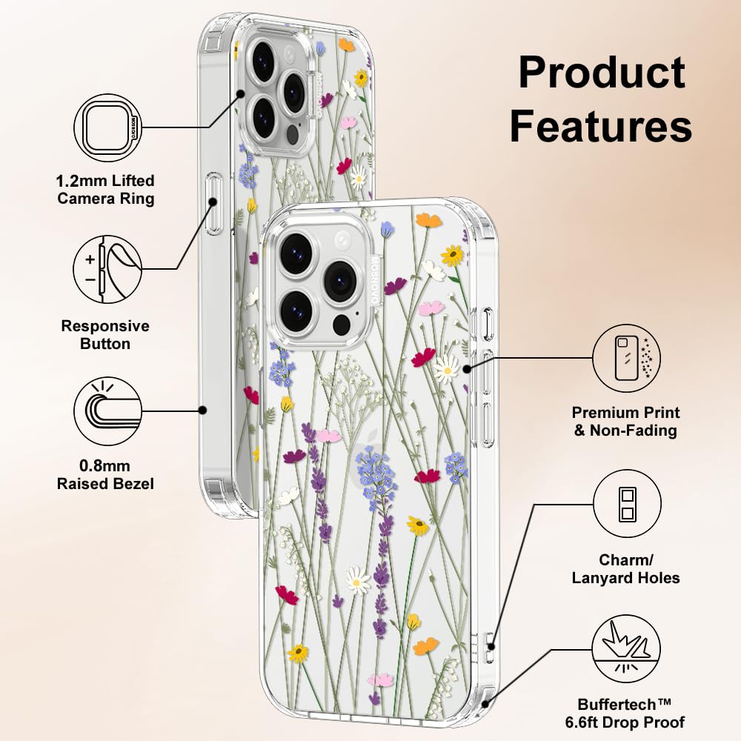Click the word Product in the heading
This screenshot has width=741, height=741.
coord(602,73)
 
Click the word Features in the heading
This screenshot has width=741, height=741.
coord(601,125)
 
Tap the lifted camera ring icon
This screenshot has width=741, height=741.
coord(107,127)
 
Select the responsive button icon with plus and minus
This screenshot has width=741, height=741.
coord(107,270)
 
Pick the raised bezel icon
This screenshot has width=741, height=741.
coord(107,411)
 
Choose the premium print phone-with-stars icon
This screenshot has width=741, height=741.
coord(627,358)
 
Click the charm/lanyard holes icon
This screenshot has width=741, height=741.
coord(627,503)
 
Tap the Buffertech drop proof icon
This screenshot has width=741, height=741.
coord(627,648)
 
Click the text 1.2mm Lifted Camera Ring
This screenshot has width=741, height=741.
coord(105,189)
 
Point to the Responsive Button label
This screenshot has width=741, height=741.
coord(105,335)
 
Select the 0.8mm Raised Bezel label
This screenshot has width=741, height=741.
coord(105,474)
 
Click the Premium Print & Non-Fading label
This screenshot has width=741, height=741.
coord(625,421)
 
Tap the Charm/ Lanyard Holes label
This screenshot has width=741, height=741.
coord(625,568)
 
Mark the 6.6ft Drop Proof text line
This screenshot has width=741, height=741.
coord(625,722)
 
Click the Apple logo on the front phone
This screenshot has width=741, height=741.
coord(370,442)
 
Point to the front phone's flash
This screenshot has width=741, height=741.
coord(344,241)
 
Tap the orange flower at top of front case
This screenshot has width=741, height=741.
coord(428,220)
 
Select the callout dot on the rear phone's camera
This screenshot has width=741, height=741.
coord(241,94)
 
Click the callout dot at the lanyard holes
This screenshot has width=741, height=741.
coord(491,646)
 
